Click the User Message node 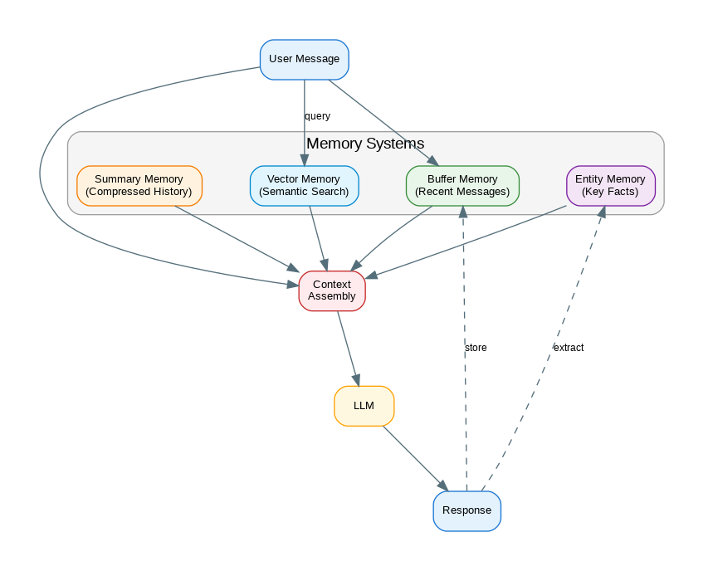[304, 59]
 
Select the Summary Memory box [139, 185]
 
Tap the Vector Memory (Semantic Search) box [304, 185]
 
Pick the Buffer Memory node [462, 185]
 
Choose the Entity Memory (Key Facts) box [610, 185]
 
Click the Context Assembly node [331, 290]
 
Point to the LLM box [364, 406]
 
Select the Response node [466, 510]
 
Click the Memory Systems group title [365, 144]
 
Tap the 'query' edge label [317, 116]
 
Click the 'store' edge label [476, 348]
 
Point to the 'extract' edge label [568, 348]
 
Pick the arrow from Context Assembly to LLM [348, 349]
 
